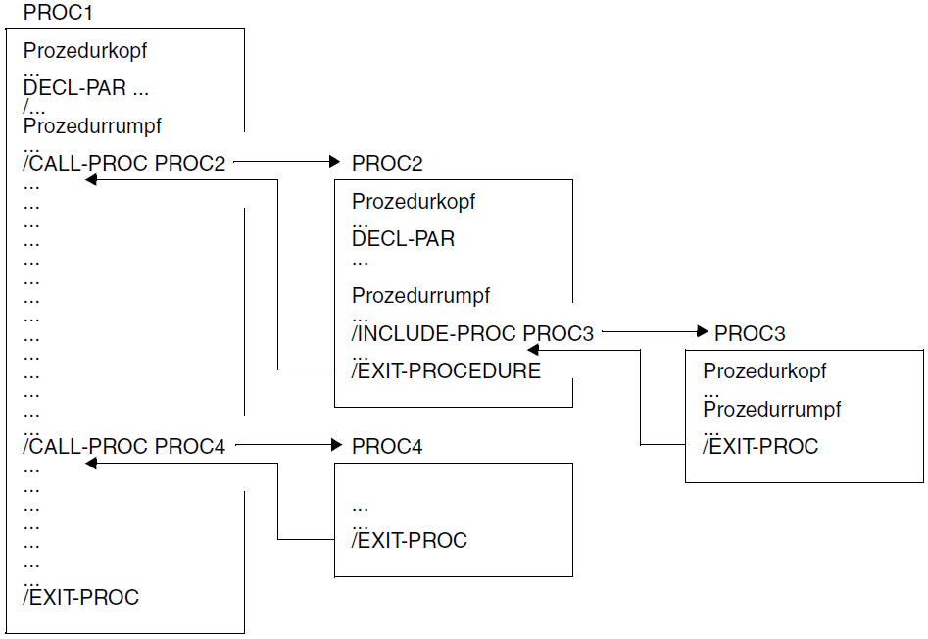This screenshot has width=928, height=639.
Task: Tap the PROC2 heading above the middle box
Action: [x=387, y=164]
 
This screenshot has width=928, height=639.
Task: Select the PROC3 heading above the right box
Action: [x=750, y=334]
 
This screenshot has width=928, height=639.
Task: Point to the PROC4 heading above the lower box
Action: [x=387, y=447]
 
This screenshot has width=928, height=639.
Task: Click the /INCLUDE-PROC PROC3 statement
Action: [x=473, y=334]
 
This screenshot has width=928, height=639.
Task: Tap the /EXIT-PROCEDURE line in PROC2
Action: [x=446, y=371]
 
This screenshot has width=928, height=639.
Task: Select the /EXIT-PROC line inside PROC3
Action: [x=760, y=447]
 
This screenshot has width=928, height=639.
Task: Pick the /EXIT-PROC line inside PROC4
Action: [x=410, y=540]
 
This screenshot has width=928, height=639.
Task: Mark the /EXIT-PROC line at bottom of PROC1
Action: [x=81, y=597]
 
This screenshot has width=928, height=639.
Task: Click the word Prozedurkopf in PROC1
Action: [x=85, y=51]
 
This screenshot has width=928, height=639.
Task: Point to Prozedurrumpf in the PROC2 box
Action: [x=420, y=296]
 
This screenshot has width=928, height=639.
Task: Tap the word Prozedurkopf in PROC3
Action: [x=764, y=371]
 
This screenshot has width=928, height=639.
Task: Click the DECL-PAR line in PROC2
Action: [x=403, y=239]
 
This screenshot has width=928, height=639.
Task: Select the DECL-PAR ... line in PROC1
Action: [x=86, y=88]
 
